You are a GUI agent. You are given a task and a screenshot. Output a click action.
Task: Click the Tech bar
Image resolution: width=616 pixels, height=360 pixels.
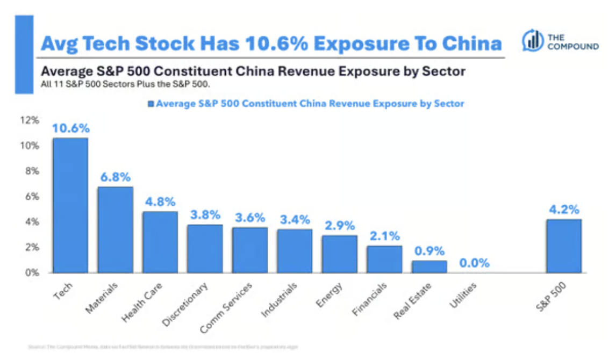pos(70,205)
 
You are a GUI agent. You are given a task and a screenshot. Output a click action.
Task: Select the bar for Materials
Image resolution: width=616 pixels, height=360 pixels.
pos(115,229)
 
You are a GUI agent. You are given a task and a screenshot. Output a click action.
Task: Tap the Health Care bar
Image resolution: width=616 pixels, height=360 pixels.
pos(160,242)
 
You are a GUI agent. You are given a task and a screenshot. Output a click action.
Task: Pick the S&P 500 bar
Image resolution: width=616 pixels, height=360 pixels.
pos(564,246)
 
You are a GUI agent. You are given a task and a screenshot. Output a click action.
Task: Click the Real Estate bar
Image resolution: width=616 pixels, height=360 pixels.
pos(429,267)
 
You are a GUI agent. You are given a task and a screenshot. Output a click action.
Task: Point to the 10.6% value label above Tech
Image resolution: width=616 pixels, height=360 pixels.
pos(70,128)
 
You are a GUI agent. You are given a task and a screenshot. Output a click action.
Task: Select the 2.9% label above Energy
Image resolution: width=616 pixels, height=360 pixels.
pos(340,226)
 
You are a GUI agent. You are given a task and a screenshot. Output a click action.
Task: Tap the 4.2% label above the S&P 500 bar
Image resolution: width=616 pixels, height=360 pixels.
pos(564,209)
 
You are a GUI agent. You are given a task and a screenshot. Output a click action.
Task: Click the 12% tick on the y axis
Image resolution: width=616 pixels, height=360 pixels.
pos(31,120)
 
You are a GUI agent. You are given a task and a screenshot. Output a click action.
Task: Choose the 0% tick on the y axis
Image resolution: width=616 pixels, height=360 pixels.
pos(32,272)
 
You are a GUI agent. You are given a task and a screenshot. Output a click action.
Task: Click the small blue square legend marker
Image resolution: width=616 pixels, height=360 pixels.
pos(151,104)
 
